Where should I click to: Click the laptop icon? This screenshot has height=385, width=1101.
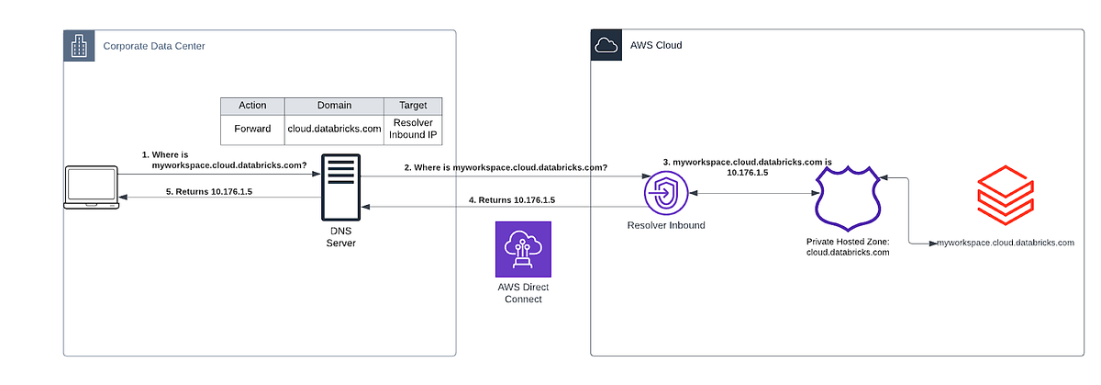coord(91,188)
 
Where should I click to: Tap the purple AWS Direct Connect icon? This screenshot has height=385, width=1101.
coord(522,249)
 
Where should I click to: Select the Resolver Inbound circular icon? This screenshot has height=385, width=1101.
coord(665,194)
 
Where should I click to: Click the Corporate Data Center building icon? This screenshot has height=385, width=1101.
coord(79,45)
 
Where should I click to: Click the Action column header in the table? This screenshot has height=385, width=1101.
coord(252,106)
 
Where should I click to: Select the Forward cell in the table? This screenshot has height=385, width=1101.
coord(252,129)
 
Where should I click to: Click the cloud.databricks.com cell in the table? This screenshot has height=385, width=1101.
coord(334,129)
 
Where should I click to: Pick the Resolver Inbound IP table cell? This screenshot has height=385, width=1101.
coord(413,129)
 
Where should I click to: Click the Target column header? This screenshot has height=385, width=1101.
coord(413,106)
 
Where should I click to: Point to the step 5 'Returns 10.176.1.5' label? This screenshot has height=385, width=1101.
coord(208,192)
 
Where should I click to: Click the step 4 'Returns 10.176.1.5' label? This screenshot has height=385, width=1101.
coord(511,199)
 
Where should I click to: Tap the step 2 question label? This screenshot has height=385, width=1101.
coord(506,167)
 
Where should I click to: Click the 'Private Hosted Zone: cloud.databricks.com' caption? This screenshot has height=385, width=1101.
coord(848,246)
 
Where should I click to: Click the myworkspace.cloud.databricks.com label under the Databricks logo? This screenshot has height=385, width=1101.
coord(1005,243)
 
